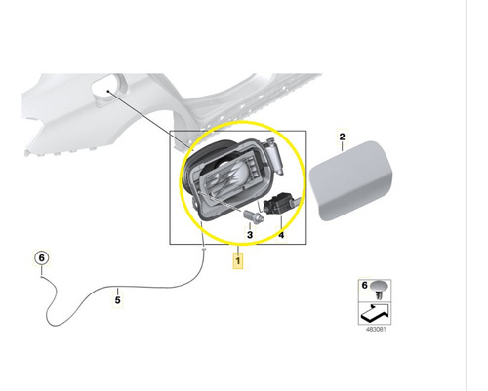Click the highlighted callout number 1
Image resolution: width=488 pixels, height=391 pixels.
tap(238, 261)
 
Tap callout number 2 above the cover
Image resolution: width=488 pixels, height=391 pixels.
tap(342, 137)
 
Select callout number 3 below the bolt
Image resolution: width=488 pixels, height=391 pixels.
tap(250, 235)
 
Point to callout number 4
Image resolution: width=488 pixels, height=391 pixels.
tap(281, 235)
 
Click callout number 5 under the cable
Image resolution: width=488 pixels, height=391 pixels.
tap(118, 300)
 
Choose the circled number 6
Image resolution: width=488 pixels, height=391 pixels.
tap(42, 258)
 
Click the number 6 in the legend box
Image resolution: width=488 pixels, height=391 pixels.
tap(364, 285)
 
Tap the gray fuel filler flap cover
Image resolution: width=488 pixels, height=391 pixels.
tap(350, 180)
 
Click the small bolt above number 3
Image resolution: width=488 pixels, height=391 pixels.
tap(254, 216)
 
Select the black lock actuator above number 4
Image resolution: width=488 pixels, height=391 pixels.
tap(278, 203)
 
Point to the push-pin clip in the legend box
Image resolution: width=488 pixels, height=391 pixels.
tap(379, 290)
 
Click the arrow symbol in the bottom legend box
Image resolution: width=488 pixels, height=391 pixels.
tap(375, 312)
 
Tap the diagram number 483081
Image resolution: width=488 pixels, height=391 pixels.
tap(376, 329)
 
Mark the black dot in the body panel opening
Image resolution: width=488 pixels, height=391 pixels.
tap(108, 91)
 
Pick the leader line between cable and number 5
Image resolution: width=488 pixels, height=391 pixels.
tap(118, 292)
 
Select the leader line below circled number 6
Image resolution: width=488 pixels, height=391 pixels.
tap(42, 270)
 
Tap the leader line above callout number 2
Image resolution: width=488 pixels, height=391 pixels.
tap(342, 147)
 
